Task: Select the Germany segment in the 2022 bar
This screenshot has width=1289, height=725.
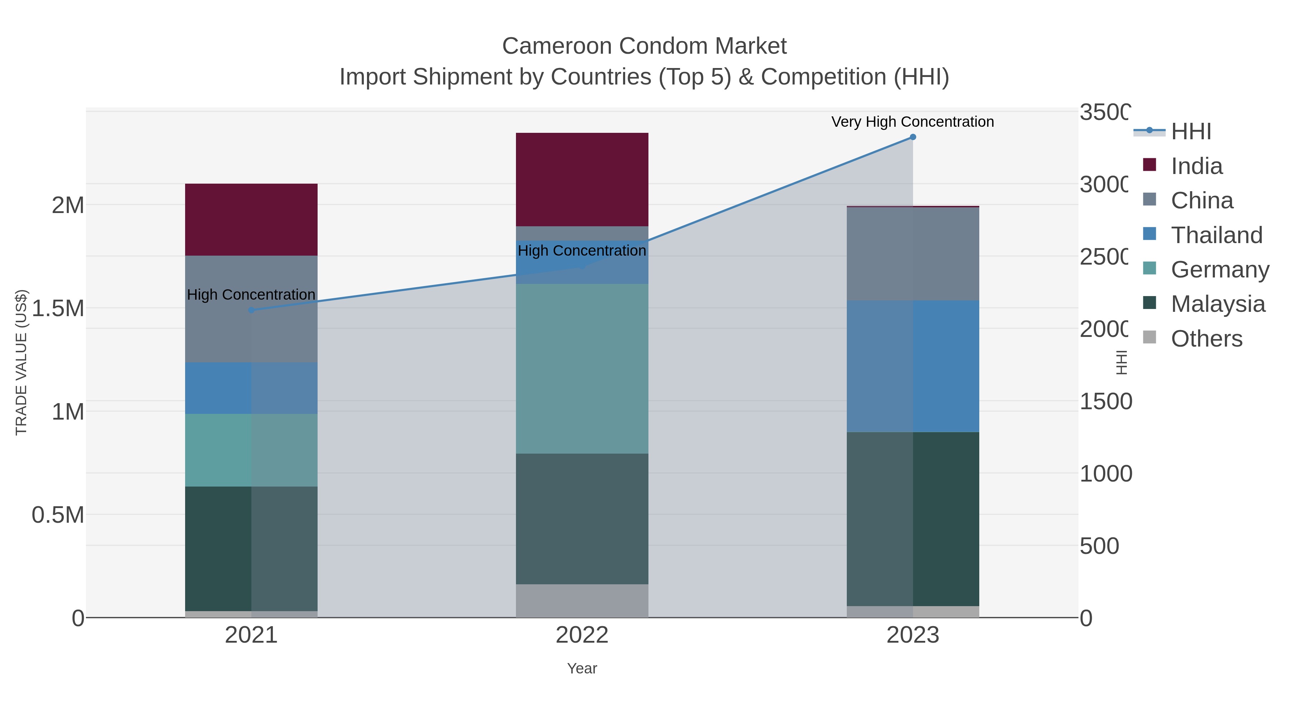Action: pos(582,369)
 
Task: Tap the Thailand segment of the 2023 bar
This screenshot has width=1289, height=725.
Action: pos(913,366)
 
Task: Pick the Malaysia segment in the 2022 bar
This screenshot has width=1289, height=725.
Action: pos(582,518)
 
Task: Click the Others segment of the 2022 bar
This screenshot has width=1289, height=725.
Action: pos(582,600)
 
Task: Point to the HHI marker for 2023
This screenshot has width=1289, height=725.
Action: pos(913,137)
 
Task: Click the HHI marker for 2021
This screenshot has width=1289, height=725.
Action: pos(251,310)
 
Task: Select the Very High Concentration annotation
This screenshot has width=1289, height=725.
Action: pos(912,122)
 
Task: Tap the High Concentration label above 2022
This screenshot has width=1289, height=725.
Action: pos(582,251)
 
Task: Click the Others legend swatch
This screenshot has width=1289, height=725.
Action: pos(1150,338)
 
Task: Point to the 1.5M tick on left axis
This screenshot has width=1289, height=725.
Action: pos(58,308)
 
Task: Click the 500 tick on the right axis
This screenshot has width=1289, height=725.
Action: pos(1099,546)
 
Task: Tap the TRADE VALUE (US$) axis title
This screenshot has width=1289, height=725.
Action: pos(21,362)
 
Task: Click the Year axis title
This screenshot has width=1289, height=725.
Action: pos(582,668)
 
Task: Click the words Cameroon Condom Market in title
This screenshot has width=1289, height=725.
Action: pos(644,46)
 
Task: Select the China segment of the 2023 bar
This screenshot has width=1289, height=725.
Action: pos(913,254)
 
